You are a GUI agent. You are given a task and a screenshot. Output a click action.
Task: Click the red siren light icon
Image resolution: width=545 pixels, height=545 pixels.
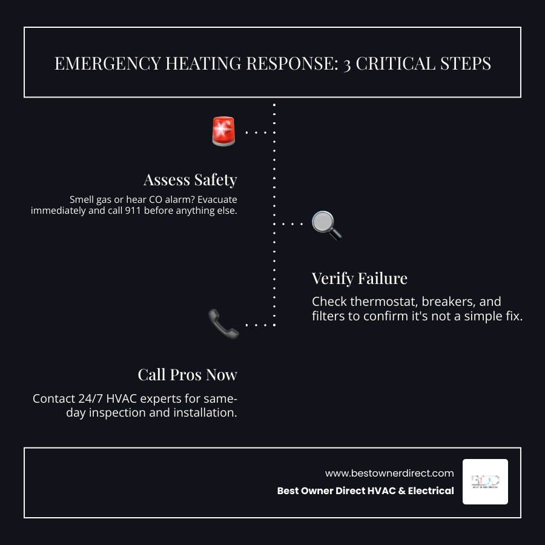point(223,131)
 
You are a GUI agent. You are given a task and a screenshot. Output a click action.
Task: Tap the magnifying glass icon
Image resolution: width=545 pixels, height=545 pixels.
point(326,225)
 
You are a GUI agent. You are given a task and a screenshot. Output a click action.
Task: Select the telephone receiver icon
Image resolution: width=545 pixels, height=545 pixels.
point(223,323)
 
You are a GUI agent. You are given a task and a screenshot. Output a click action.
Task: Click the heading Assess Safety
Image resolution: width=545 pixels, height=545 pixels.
point(190,180)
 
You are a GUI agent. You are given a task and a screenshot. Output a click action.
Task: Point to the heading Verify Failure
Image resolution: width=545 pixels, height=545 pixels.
point(359,279)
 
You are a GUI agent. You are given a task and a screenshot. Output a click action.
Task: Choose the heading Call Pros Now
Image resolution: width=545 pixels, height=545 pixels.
point(187,375)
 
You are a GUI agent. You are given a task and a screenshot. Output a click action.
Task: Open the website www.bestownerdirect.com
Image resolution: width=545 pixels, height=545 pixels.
point(389,473)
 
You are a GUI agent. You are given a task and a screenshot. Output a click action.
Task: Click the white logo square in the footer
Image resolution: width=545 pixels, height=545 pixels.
point(485,481)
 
